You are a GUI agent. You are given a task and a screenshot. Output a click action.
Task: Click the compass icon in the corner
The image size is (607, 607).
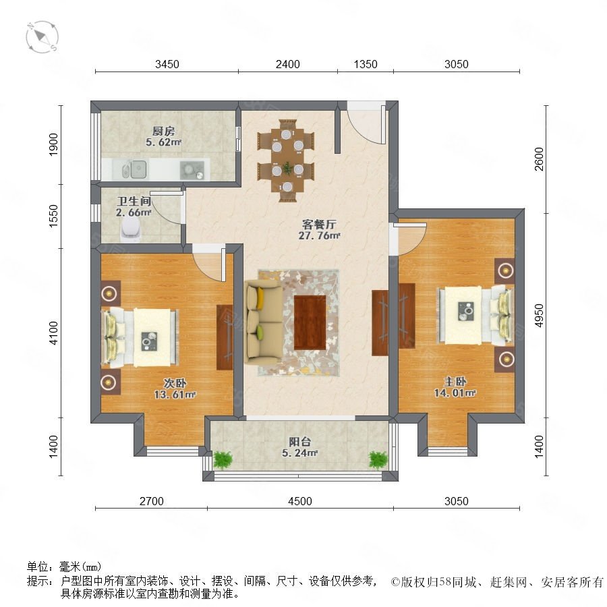click(42, 37)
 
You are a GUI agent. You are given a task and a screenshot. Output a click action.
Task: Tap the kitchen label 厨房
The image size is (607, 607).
click(163, 131)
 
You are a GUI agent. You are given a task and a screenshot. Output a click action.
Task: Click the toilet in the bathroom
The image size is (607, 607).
click(130, 229)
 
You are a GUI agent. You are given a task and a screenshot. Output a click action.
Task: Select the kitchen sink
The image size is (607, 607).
click(134, 169)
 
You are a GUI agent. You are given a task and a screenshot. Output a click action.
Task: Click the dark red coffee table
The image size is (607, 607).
click(310, 322)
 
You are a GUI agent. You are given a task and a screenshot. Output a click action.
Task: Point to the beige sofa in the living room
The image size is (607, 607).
click(263, 322)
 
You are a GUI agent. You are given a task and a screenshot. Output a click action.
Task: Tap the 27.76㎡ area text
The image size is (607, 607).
click(319, 235)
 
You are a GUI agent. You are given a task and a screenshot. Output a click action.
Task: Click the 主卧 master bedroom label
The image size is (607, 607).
click(455, 381)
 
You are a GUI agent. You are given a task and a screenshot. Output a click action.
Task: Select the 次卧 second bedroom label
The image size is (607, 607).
click(175, 383)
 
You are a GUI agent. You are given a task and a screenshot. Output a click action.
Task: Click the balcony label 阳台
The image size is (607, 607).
click(300, 442)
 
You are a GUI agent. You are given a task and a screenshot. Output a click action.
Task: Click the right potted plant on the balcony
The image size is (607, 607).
click(378, 460)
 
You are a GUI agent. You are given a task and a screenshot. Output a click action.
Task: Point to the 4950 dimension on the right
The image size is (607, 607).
click(539, 316)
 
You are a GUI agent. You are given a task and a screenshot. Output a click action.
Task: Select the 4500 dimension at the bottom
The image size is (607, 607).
click(300, 501)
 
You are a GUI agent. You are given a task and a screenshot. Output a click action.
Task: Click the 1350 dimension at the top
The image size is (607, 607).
click(366, 64)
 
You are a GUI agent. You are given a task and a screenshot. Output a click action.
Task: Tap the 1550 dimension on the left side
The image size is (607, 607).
click(53, 216)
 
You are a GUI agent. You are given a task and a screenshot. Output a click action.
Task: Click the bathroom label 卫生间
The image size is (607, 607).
click(134, 201)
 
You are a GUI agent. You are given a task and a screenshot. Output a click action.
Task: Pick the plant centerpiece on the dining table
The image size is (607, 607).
click(287, 168)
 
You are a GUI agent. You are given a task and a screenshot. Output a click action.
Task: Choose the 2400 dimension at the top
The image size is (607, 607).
click(287, 64)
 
